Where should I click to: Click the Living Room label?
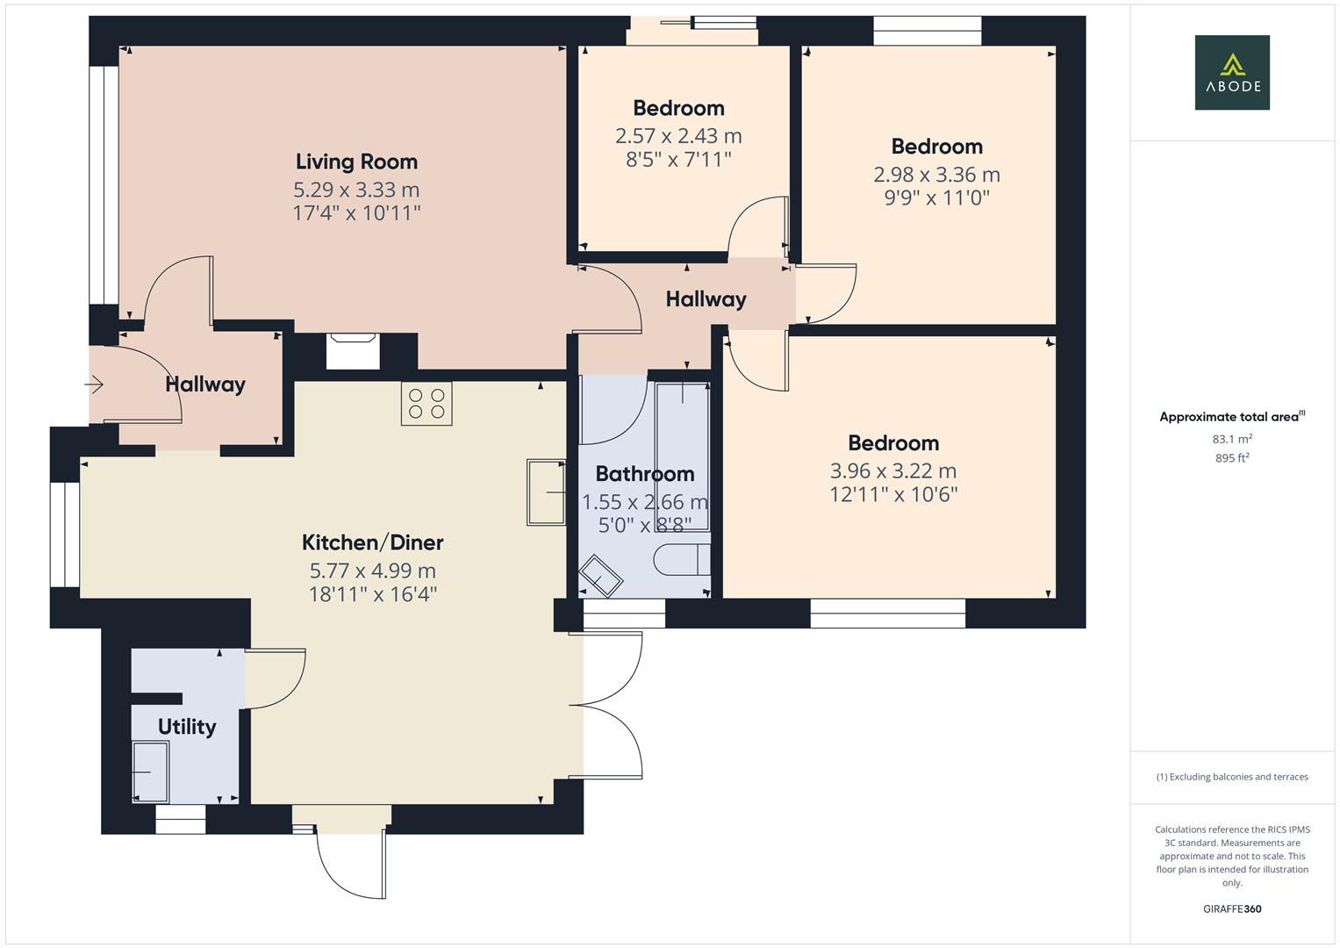pos(356,162)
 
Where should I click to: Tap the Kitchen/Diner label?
pos(372,542)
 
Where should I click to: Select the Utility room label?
pos(187,727)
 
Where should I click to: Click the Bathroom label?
pos(645,473)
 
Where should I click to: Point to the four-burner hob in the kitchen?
pos(426,404)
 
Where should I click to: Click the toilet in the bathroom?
pos(682,560)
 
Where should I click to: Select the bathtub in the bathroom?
pos(683,456)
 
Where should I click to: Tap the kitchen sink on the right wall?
pos(546,492)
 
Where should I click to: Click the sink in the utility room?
pos(150,772)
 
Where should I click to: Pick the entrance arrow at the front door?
pos(94,384)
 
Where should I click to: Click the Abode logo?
pos(1232,72)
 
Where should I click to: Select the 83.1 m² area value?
pos(1232,439)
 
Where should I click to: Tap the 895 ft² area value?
pos(1232,458)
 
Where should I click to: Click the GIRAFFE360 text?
pos(1232,908)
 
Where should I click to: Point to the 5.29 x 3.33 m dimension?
pos(356,190)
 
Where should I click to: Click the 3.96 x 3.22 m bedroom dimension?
pos(893,471)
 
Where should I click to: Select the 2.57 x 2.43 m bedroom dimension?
pos(678,136)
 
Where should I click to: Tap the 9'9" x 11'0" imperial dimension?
pos(937,197)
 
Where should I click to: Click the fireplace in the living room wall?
pos(353,351)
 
